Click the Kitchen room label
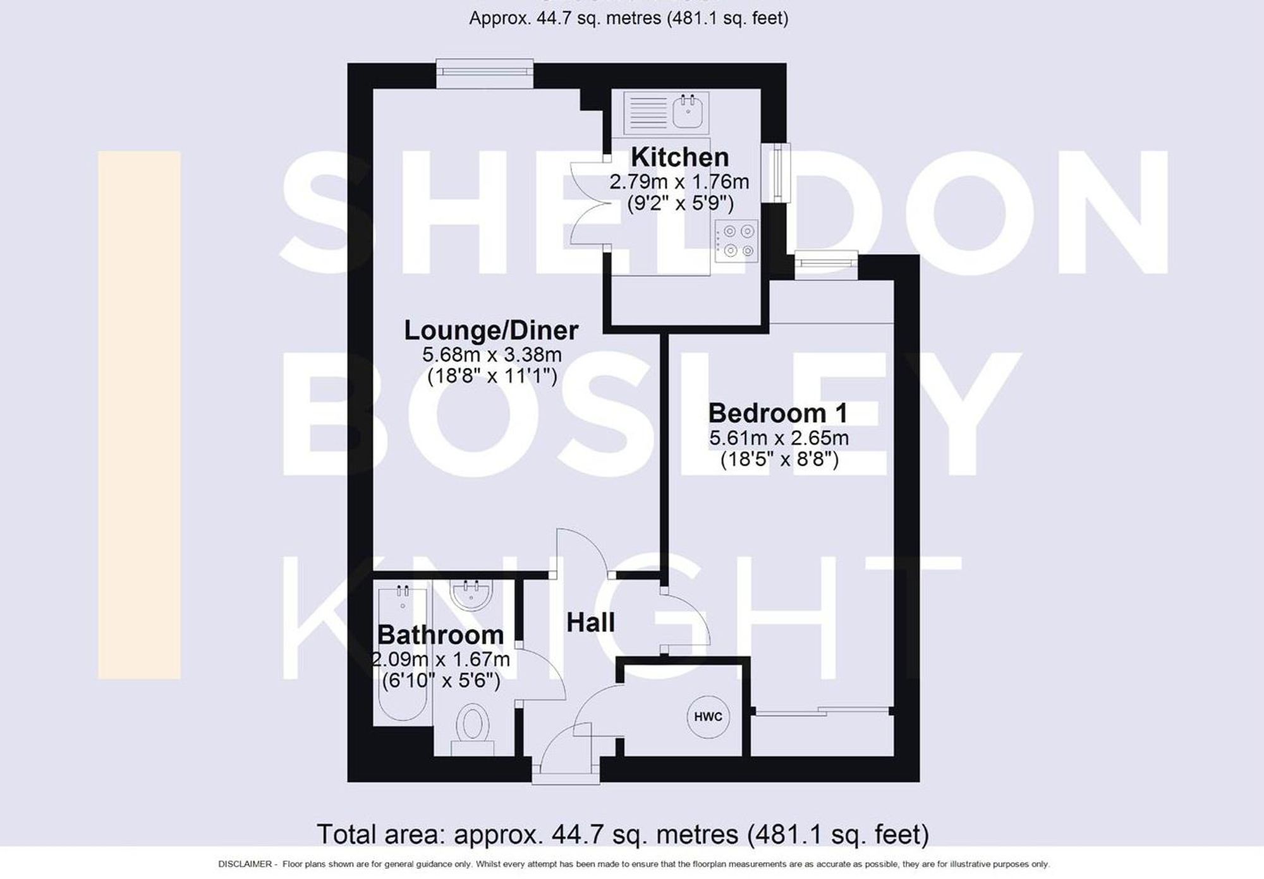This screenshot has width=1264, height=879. pyautogui.click(x=679, y=157)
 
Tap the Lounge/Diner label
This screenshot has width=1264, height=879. pyautogui.click(x=491, y=330)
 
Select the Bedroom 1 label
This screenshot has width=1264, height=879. pyautogui.click(x=778, y=414)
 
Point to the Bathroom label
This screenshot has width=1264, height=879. pyautogui.click(x=441, y=635)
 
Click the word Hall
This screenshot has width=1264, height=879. pyautogui.click(x=590, y=623)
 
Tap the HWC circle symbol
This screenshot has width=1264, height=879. pyautogui.click(x=708, y=717)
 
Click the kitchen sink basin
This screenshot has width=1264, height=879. pyautogui.click(x=688, y=112)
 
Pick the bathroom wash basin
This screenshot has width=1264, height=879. pyautogui.click(x=471, y=595)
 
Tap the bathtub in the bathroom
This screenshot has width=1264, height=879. pyautogui.click(x=403, y=657)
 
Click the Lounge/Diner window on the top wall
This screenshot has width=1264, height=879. pyautogui.click(x=485, y=74)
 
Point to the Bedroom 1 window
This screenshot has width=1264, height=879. pyautogui.click(x=825, y=265)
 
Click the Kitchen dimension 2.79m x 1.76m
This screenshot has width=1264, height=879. pyautogui.click(x=679, y=182)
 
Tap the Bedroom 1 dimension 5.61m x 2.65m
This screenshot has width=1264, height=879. pyautogui.click(x=779, y=438)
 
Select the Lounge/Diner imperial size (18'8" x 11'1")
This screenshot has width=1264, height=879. pyautogui.click(x=492, y=377)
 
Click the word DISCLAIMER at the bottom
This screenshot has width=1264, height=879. pyautogui.click(x=245, y=864)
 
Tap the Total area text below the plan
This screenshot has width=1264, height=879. pyautogui.click(x=623, y=834)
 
